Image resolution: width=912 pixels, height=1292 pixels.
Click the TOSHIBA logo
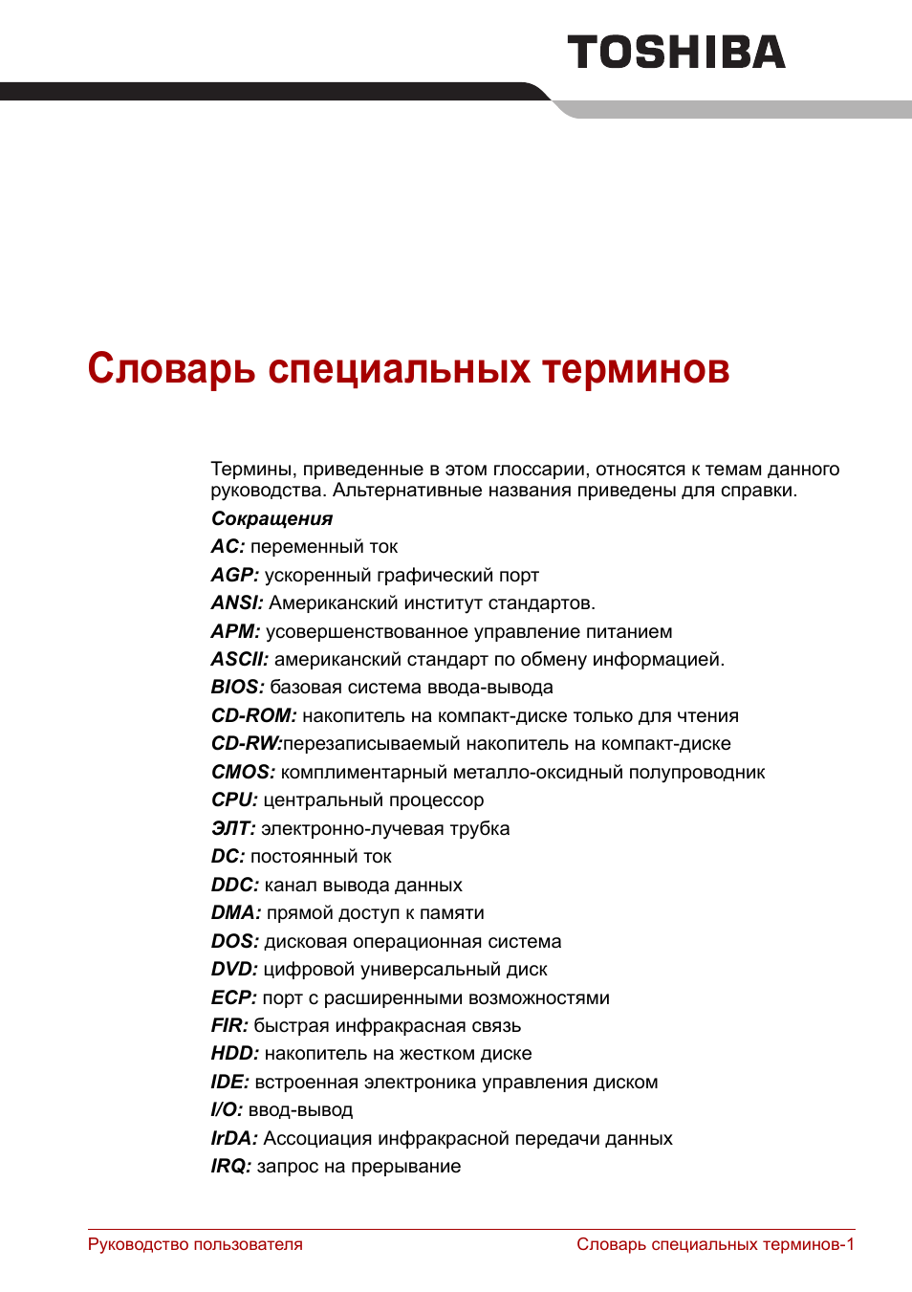pyautogui.click(x=676, y=53)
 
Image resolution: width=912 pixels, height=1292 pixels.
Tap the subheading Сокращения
pyautogui.click(x=271, y=519)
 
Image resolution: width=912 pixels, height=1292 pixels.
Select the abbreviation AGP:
pyautogui.click(x=234, y=576)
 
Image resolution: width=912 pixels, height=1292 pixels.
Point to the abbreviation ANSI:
pyautogui.click(x=237, y=603)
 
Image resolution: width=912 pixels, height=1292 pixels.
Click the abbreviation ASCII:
pyautogui.click(x=240, y=660)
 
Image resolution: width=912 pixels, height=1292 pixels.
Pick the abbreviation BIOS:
pyautogui.click(x=237, y=688)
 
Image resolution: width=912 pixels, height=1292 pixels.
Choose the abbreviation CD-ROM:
pyautogui.click(x=253, y=716)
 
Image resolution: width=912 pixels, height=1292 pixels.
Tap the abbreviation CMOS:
pyautogui.click(x=243, y=773)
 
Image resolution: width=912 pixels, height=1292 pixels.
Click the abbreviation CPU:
pyautogui.click(x=234, y=800)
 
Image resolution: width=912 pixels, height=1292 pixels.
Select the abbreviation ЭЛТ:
pyautogui.click(x=233, y=829)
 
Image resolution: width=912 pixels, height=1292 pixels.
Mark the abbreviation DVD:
pyautogui.click(x=234, y=970)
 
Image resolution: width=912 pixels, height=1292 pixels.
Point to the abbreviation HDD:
pyautogui.click(x=234, y=1054)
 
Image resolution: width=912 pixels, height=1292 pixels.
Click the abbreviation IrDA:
pyautogui.click(x=234, y=1139)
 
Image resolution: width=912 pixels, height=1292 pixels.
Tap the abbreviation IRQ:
pyautogui.click(x=230, y=1167)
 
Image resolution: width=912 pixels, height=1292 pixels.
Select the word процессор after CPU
pyautogui.click(x=439, y=800)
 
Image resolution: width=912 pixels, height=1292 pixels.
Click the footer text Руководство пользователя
pyautogui.click(x=195, y=1245)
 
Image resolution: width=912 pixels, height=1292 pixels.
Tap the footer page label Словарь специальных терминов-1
pyautogui.click(x=715, y=1245)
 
